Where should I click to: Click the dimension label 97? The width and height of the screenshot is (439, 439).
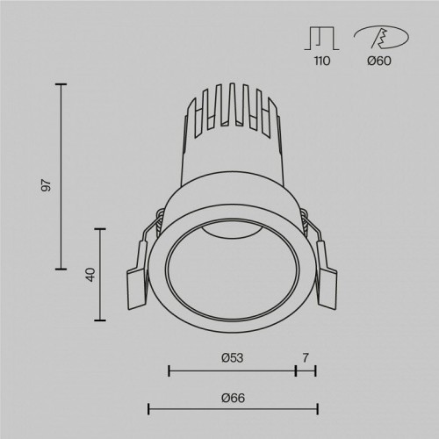pos(47,185)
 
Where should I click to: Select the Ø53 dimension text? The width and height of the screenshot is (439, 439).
pos(232,357)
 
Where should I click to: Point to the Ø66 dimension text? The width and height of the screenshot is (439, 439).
pos(233,398)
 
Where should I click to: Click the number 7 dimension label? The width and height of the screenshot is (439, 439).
pos(306,357)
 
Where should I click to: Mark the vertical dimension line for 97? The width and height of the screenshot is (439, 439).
pos(61,176)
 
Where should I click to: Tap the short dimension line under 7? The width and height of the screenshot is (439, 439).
pos(306,371)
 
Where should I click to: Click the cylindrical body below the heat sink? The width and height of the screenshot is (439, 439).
pos(233,162)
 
